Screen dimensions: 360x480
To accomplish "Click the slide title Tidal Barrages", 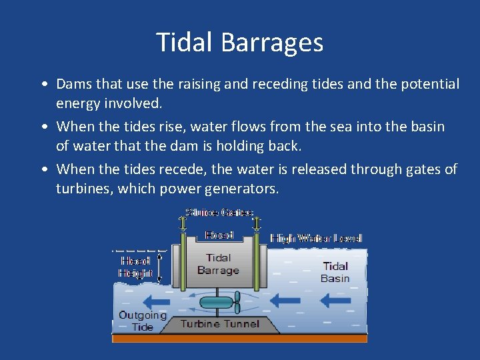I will click(x=239, y=43).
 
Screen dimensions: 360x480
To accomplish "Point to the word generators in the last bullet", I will click(x=234, y=189).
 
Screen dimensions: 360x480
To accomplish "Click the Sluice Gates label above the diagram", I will click(x=219, y=213).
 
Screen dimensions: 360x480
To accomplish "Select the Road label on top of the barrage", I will click(x=219, y=235).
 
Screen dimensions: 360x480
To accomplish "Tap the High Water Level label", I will click(x=316, y=238).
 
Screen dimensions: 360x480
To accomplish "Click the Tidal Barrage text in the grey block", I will click(x=218, y=264).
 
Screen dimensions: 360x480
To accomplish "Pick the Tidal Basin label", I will click(x=335, y=272).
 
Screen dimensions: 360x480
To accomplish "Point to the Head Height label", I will click(x=136, y=267).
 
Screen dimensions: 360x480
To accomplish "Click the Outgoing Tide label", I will click(x=142, y=321).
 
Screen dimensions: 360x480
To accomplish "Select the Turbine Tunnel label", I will click(x=220, y=324).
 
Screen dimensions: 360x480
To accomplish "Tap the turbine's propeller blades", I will click(x=237, y=302).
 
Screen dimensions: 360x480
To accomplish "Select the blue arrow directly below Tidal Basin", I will click(x=335, y=301).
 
